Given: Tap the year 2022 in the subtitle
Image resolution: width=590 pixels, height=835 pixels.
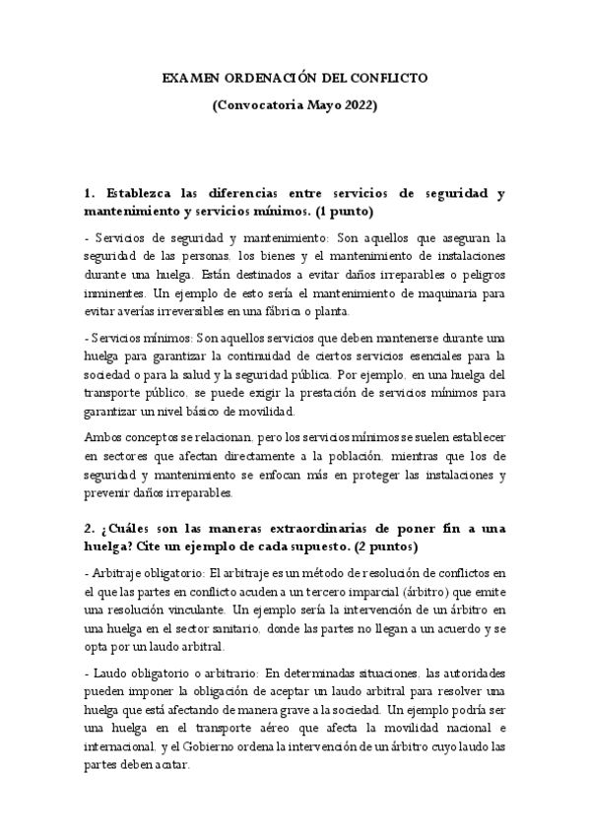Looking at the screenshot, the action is [x=357, y=103].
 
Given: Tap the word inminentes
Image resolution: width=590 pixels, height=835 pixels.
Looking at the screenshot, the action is [x=115, y=293].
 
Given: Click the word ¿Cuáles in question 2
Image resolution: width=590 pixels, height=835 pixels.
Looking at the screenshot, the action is [x=130, y=529].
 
